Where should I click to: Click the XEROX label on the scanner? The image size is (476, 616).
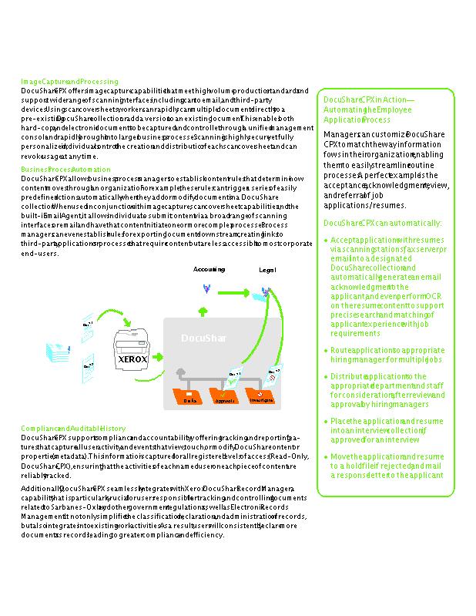tap(133, 359)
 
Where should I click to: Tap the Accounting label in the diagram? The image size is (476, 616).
tap(209, 270)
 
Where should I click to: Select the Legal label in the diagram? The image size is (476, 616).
tap(267, 271)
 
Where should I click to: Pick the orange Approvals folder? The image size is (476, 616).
tap(225, 398)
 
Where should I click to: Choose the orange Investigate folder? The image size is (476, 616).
tap(260, 398)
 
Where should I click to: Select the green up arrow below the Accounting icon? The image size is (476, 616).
tap(203, 310)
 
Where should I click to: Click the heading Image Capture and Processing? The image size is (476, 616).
tap(69, 82)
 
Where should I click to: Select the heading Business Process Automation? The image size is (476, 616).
tap(65, 169)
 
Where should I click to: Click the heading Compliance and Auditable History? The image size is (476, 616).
tap(73, 428)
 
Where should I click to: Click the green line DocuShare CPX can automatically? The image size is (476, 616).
tap(382, 223)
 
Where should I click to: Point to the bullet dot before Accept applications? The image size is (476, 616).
tap(326, 241)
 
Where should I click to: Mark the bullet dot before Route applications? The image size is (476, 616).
tap(326, 351)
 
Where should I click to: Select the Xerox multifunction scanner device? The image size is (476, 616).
tap(133, 351)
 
